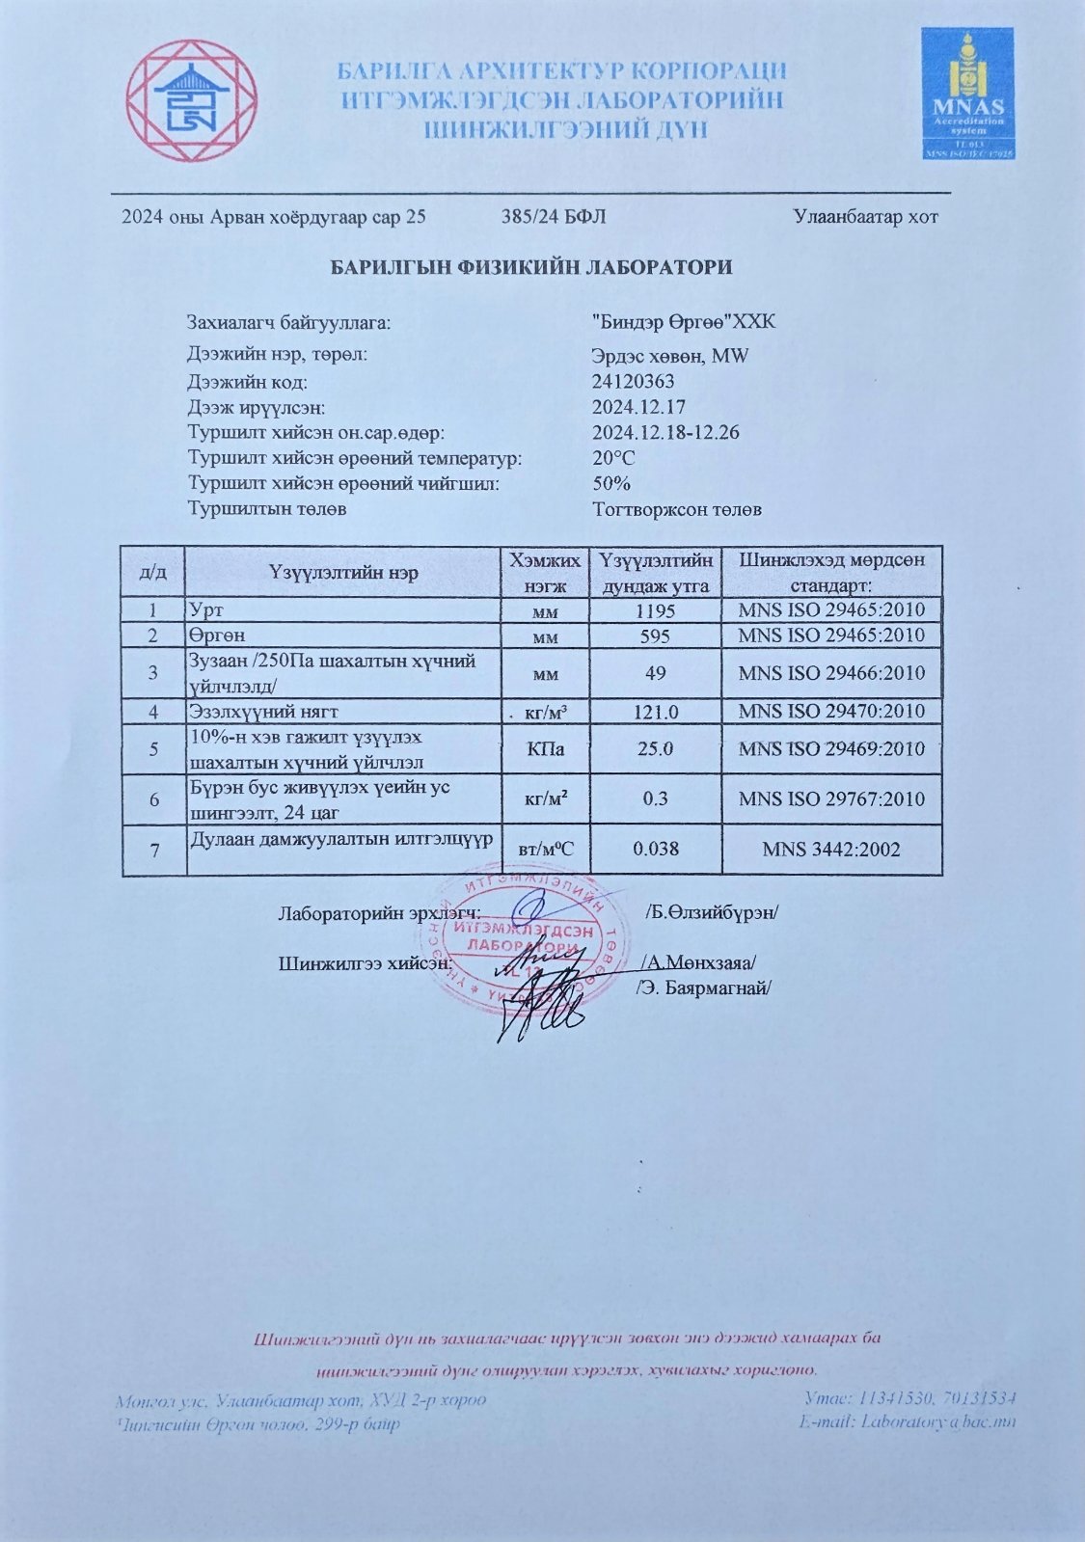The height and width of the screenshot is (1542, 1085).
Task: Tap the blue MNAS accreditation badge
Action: (x=966, y=93)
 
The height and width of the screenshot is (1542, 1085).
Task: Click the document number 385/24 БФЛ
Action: (x=554, y=217)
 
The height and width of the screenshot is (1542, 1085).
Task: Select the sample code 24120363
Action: (x=633, y=381)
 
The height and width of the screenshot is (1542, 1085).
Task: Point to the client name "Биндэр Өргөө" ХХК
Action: (x=683, y=322)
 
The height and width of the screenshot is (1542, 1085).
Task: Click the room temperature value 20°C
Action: (x=613, y=457)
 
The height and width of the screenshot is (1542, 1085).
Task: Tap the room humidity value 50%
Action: (x=611, y=483)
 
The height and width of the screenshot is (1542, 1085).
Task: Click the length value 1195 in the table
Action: (x=655, y=610)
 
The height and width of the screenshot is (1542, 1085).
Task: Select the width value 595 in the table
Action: (x=655, y=636)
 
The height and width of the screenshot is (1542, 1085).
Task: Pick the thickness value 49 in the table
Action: (x=655, y=673)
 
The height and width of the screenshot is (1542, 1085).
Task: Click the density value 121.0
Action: (x=655, y=712)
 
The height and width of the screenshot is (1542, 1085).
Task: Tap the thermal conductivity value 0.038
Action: (x=655, y=849)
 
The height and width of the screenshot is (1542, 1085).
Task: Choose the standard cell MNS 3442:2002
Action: (x=830, y=849)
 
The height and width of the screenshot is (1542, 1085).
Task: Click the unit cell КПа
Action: (x=544, y=749)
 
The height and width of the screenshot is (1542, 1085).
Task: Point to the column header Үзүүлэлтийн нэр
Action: (x=343, y=573)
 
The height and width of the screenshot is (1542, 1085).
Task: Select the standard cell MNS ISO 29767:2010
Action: (x=830, y=798)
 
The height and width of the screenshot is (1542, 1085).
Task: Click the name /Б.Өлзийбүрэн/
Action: (x=711, y=912)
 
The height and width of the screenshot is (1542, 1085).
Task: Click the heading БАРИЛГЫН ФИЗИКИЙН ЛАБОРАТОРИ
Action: (x=531, y=267)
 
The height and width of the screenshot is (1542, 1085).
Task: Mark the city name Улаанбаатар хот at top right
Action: (x=865, y=217)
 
